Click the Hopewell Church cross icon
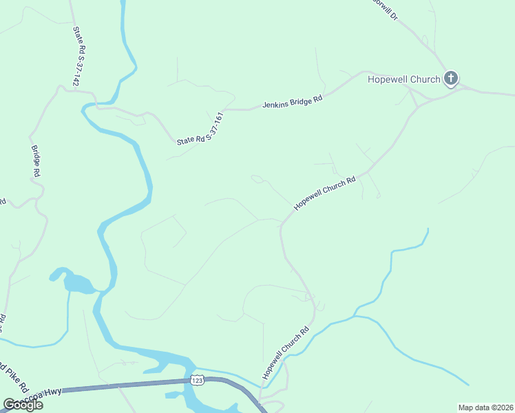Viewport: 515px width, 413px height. point(451,78)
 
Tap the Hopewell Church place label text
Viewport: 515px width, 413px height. point(403,79)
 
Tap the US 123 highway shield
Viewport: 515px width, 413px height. point(198,380)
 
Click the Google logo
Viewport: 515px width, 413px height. point(23,405)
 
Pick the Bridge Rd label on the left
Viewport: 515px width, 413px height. point(36,162)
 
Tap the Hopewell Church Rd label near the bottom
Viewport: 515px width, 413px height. point(286,352)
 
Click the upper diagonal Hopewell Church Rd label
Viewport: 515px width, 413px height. point(325,193)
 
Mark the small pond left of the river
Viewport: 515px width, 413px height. point(76,282)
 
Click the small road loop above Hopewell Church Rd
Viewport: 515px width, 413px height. point(257,179)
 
